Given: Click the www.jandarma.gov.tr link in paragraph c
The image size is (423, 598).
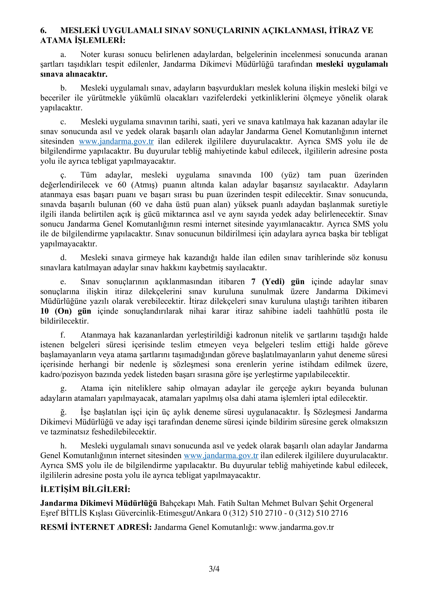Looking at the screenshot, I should click(116, 141).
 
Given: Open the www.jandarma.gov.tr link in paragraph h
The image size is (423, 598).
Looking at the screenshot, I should click(221, 455).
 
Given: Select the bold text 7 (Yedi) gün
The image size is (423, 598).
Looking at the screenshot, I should click(278, 282).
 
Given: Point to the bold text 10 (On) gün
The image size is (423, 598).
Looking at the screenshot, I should click(66, 311).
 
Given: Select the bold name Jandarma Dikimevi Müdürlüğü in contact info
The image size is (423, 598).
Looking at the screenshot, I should click(99, 503).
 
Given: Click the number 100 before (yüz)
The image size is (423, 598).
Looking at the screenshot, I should click(266, 175).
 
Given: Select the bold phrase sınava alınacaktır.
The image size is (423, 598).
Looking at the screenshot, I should click(74, 74).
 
